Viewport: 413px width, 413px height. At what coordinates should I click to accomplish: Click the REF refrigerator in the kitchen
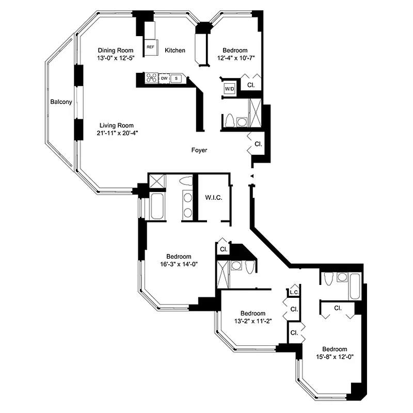point(151,46)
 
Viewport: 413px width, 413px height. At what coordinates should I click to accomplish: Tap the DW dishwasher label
point(164,78)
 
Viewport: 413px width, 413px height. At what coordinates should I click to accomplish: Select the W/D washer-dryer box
point(229,89)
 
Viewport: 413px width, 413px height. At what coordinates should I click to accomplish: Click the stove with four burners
point(152,78)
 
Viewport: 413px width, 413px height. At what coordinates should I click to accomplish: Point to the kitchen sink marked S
point(176,78)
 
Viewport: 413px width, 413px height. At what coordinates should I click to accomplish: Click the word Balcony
point(61,102)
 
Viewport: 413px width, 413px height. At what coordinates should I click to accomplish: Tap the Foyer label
point(199,150)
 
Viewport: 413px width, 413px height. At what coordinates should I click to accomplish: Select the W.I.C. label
point(214,198)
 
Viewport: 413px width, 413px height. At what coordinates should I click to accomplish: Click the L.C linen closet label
point(294,293)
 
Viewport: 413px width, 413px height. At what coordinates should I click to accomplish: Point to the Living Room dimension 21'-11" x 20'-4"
point(117,133)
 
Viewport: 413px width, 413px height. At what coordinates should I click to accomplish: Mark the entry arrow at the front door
point(252,177)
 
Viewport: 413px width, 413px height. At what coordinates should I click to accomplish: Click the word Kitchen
point(175,50)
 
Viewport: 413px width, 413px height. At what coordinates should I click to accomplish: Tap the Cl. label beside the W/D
point(250,84)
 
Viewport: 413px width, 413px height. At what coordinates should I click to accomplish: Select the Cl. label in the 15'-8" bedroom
point(338,308)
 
